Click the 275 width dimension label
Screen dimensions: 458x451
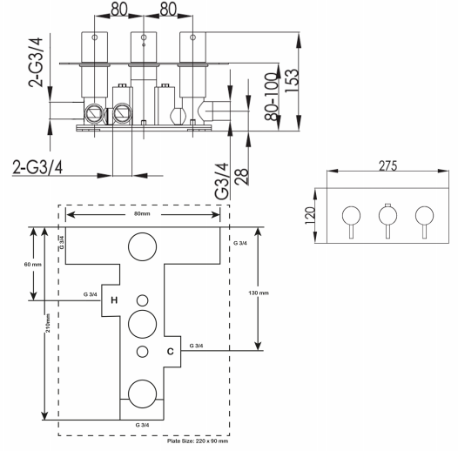[387, 166]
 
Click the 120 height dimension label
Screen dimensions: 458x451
[310, 216]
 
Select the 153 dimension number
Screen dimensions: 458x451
[292, 81]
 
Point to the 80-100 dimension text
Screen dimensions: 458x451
[271, 97]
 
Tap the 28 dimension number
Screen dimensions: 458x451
[242, 177]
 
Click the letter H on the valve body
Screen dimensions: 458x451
[114, 300]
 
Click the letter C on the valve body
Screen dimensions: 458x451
[171, 351]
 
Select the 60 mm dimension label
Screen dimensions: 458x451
[33, 265]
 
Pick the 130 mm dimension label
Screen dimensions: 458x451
[259, 293]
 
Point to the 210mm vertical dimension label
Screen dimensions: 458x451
[48, 323]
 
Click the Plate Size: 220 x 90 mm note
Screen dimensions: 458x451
[198, 441]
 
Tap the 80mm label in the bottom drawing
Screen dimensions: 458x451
[142, 213]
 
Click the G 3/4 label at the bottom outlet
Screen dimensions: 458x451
[142, 425]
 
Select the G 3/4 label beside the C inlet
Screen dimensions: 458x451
[196, 346]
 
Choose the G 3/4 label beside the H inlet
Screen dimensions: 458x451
[91, 294]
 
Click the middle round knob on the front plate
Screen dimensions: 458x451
[387, 216]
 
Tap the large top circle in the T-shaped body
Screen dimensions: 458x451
[142, 232]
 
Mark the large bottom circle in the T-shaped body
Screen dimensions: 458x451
[142, 380]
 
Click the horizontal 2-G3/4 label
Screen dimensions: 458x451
[37, 167]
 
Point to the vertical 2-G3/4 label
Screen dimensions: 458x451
[36, 63]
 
